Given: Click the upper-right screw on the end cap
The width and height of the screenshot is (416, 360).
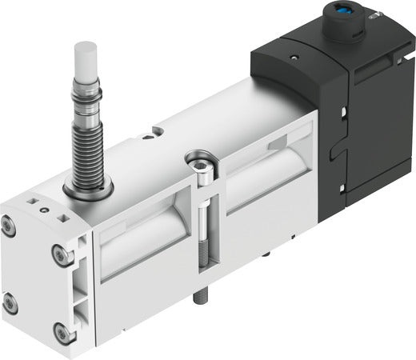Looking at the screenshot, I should click(x=59, y=254).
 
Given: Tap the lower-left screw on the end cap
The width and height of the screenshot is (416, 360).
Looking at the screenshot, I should click(x=9, y=302).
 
